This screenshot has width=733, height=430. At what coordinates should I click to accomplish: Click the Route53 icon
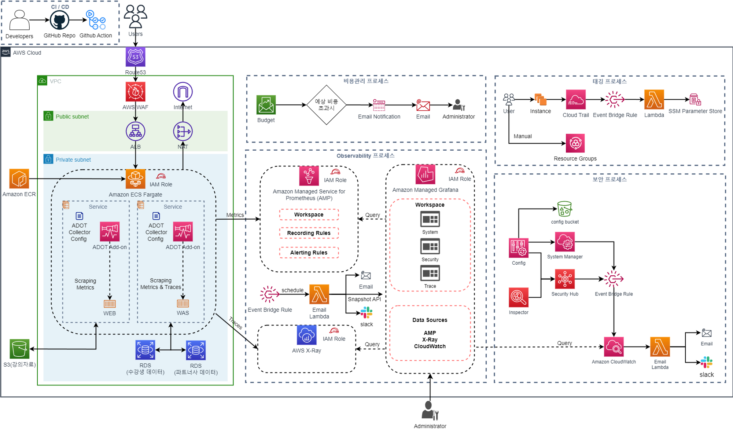136,57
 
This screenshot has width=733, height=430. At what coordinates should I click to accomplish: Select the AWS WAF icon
136,92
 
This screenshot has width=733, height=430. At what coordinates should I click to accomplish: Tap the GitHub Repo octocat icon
59,20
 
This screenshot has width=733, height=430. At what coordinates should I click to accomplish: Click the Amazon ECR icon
19,179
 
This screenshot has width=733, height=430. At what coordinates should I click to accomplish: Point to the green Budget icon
266,105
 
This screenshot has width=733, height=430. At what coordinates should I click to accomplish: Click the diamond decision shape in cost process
326,105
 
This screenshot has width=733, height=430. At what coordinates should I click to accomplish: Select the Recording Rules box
309,233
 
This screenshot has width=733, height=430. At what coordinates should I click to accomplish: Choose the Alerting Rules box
309,253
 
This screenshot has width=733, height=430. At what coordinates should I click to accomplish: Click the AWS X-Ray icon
306,335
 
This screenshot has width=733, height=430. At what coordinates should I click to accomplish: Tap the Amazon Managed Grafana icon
425,174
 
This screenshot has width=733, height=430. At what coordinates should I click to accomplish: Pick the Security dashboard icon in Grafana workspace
430,246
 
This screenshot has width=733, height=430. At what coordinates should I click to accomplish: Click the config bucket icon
564,209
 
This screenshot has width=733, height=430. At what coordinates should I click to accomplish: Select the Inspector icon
519,297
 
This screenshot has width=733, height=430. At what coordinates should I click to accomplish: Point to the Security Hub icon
565,279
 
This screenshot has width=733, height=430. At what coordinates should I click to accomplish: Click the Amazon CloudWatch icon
614,347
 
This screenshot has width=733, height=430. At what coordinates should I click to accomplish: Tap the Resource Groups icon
575,143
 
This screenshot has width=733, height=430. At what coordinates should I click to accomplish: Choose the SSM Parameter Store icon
695,99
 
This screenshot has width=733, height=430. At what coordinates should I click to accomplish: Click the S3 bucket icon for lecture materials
19,349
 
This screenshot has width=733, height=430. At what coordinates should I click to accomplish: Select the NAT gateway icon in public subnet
183,131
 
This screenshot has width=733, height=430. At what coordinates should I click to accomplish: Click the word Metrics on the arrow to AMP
235,215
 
